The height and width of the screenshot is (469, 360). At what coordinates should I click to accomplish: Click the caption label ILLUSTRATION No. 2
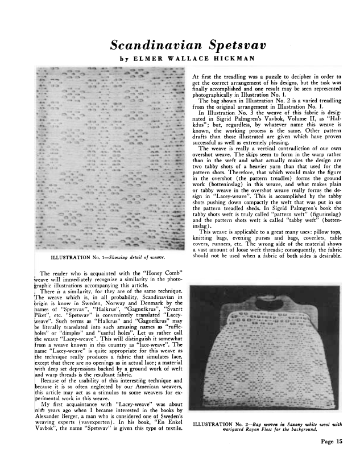point(220,423)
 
